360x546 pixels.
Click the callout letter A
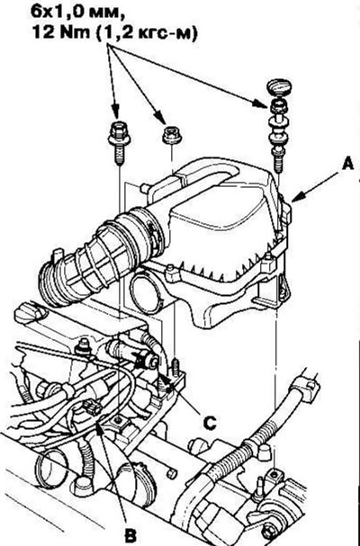click(x=347, y=164)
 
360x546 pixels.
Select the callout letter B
click(x=130, y=536)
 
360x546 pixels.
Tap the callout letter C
click(x=210, y=423)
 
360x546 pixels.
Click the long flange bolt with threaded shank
click(x=119, y=144)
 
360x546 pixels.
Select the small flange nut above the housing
click(x=172, y=135)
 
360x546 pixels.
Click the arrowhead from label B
click(x=99, y=427)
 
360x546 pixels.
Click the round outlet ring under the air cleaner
click(x=147, y=293)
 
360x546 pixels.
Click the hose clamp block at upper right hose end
click(x=307, y=389)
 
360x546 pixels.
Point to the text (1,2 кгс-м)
click(x=147, y=33)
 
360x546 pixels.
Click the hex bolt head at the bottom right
click(x=269, y=533)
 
